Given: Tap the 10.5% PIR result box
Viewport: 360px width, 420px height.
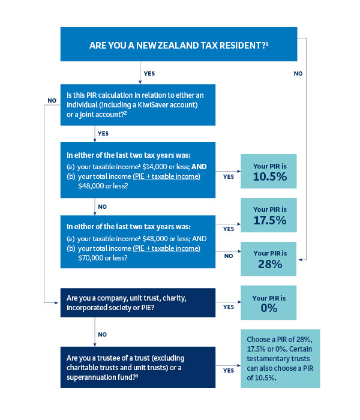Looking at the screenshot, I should point(269,172).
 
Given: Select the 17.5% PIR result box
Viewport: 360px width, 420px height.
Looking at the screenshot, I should point(269,215).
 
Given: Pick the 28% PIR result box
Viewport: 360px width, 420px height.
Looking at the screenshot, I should point(269,259).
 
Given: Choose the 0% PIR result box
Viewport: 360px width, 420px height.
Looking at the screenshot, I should point(269,303).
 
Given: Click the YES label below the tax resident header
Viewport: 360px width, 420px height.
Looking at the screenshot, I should point(149,74).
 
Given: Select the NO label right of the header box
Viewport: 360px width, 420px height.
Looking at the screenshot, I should point(298,73).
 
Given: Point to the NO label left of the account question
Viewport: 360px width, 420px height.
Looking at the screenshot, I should point(52,100).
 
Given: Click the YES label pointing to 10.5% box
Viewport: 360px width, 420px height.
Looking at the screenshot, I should point(229,176).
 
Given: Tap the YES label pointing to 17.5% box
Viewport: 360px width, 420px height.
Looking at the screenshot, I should point(229,229).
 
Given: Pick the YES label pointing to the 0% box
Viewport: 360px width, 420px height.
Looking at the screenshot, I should point(229,307).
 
